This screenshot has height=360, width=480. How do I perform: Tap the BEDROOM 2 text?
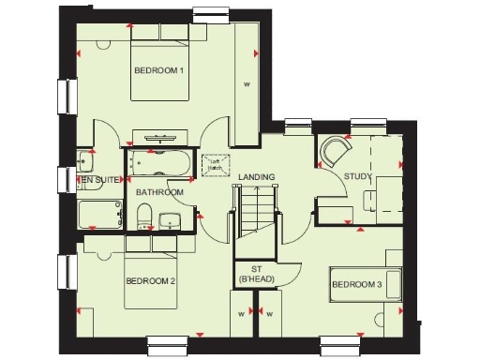pos(151,280)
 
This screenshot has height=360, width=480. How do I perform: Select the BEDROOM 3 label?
pos(356,284)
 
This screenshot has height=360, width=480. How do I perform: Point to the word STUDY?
pos(357,175)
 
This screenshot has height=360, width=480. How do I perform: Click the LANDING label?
pos(256,176)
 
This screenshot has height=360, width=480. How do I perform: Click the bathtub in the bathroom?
pos(161,161)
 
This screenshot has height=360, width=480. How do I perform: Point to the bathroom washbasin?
pos(171,221)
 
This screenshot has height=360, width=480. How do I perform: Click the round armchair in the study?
pos(334,151)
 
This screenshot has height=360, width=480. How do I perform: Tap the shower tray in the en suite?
pos(99,215)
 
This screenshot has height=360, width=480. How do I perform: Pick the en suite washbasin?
pos(85,158)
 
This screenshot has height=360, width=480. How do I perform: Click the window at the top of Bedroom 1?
pos(213,13)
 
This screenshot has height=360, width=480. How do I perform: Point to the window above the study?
pos(367,123)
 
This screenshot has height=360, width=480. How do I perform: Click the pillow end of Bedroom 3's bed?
pos(392,283)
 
